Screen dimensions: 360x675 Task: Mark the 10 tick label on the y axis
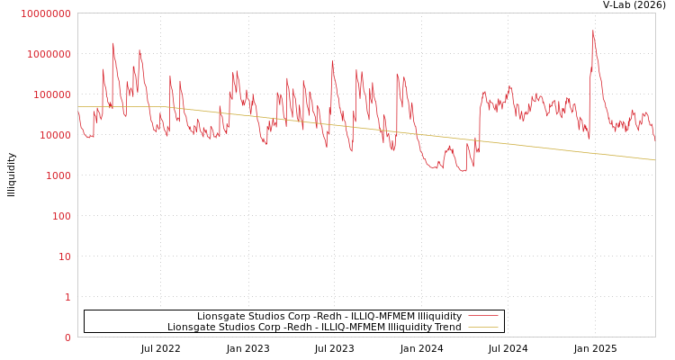pyautogui.click(x=65, y=256)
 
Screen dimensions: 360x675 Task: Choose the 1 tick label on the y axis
pyautogui.click(x=67, y=297)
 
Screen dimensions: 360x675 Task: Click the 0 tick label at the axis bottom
pyautogui.click(x=67, y=337)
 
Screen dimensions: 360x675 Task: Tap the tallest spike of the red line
pyautogui.click(x=593, y=31)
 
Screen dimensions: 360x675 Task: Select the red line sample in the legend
pyautogui.click(x=483, y=317)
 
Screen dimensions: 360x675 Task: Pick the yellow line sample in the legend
pyautogui.click(x=483, y=328)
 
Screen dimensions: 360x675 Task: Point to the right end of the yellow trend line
pyautogui.click(x=654, y=160)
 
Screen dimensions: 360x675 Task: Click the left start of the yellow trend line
pyautogui.click(x=78, y=106)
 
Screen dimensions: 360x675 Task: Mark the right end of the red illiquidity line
pyautogui.click(x=654, y=140)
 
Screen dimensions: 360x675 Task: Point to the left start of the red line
pyautogui.click(x=78, y=112)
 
